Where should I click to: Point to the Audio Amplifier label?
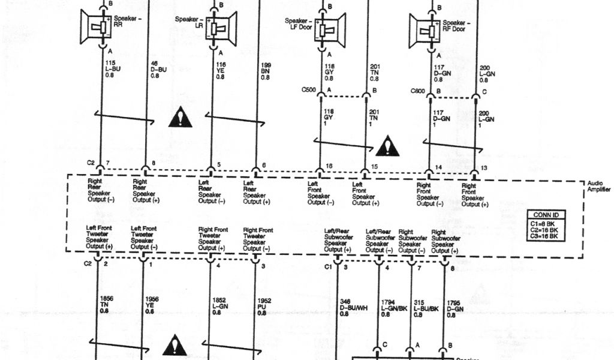point(599,186)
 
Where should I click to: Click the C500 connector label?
point(308,91)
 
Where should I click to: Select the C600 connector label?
point(419,91)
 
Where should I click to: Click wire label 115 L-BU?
point(111,69)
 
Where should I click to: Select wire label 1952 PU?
point(262,304)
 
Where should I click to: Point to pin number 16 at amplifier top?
point(329,166)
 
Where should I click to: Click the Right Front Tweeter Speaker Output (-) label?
point(258,238)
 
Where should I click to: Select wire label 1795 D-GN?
point(455,308)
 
